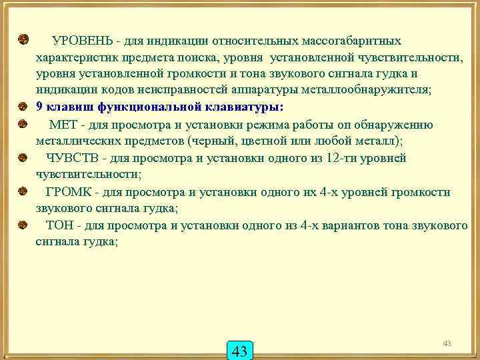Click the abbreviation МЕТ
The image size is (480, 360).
pyautogui.click(x=61, y=124)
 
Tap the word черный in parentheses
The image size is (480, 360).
pyautogui.click(x=211, y=140)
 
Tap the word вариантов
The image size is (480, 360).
pyautogui.click(x=353, y=225)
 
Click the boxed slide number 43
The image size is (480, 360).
pyautogui.click(x=241, y=351)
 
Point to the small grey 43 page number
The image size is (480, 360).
pyautogui.click(x=447, y=343)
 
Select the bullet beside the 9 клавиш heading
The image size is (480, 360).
pyautogui.click(x=23, y=106)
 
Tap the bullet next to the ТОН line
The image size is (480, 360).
pyautogui.click(x=23, y=225)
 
